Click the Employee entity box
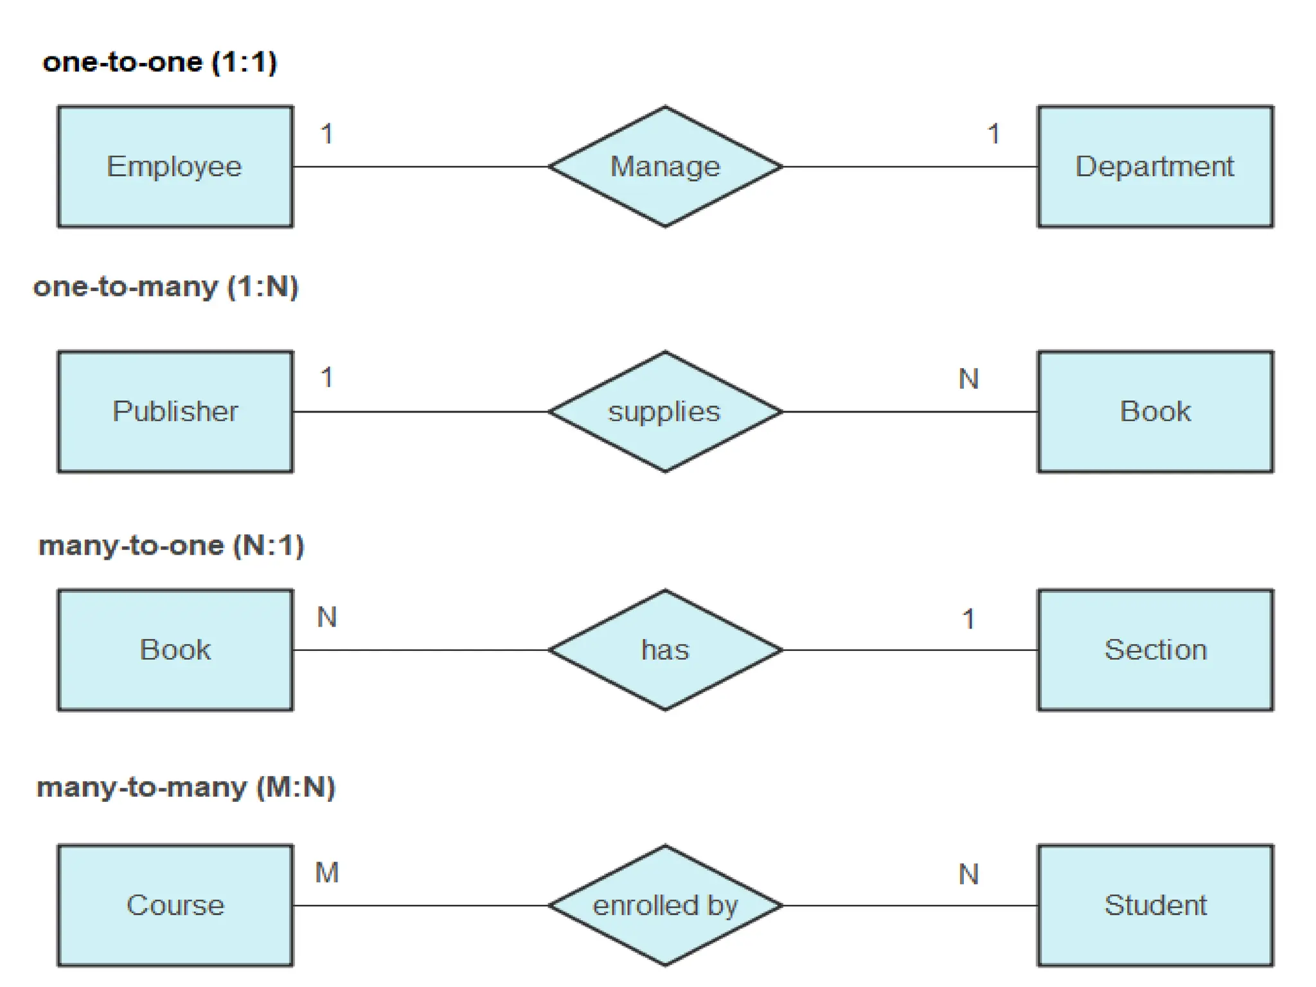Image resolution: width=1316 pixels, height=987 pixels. [175, 166]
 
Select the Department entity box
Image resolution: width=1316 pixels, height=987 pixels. [1155, 166]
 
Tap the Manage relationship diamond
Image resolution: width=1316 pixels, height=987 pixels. [665, 166]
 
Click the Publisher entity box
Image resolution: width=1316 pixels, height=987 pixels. [175, 411]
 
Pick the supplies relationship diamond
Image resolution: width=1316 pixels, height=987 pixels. [665, 411]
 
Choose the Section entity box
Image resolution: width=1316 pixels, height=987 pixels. [1155, 650]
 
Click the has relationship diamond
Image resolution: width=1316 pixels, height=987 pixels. [665, 650]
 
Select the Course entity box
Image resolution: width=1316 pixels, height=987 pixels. [175, 905]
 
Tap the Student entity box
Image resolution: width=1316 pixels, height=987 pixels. [1155, 905]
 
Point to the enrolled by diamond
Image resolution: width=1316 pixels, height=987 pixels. [665, 905]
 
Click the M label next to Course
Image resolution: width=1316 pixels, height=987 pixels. [326, 873]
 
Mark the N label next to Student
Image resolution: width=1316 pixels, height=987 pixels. [968, 874]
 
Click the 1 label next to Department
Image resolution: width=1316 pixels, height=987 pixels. [993, 134]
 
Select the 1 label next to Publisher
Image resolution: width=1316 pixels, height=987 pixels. [326, 378]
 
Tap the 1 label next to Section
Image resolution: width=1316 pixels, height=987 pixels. [968, 619]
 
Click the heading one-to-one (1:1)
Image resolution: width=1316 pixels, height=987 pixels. [159, 62]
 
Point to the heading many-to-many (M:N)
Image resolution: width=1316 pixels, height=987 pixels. [186, 787]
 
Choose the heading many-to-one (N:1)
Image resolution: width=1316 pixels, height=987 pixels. [171, 546]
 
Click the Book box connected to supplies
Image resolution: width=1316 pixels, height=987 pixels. [1155, 411]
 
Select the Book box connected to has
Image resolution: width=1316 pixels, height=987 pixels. [175, 650]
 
